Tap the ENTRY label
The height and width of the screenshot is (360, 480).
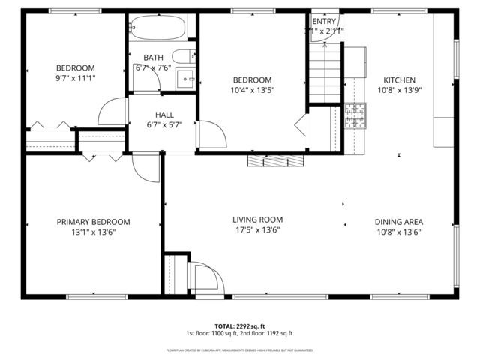click(x=324, y=22)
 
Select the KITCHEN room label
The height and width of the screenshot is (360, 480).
click(x=399, y=80)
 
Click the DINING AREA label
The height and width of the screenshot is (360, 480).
click(x=399, y=222)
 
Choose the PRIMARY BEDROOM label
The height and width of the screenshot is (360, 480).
click(x=94, y=222)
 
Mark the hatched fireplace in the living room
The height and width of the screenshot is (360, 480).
click(x=276, y=160)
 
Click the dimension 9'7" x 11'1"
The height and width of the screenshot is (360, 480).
click(x=75, y=78)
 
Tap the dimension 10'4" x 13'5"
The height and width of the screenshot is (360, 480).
click(x=251, y=91)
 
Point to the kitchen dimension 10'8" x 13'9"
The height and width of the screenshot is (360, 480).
click(x=399, y=91)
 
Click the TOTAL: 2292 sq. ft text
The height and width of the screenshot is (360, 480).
click(x=239, y=325)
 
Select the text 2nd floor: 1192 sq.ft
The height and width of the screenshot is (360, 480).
click(x=265, y=333)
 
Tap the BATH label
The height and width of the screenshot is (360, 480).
click(x=154, y=57)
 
